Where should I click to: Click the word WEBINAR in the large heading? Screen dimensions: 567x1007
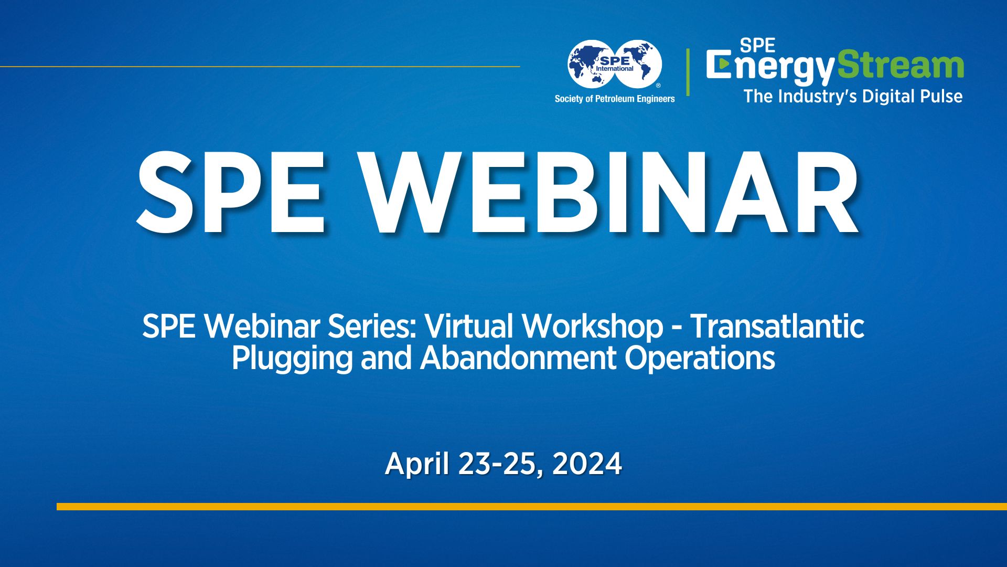611,192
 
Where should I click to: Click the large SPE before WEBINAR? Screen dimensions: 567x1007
231,192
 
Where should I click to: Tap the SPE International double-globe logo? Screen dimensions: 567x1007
615,65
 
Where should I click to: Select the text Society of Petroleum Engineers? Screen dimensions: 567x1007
615,99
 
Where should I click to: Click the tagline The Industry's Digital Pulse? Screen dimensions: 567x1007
853,97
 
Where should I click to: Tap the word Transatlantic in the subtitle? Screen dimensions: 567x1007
777,326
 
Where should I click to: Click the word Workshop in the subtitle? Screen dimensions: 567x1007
593,326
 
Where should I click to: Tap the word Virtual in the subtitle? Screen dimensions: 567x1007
468,326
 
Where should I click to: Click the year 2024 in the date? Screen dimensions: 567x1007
587,464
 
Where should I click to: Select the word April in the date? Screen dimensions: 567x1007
417,464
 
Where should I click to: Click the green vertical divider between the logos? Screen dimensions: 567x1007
688,72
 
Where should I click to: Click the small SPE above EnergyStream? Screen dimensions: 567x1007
757,46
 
